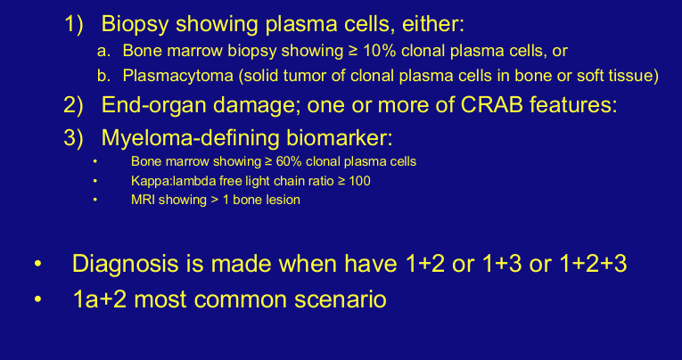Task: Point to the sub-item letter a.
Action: [104, 52]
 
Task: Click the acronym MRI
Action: [144, 200]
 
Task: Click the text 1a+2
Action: [103, 299]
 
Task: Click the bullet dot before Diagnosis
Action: [37, 266]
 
